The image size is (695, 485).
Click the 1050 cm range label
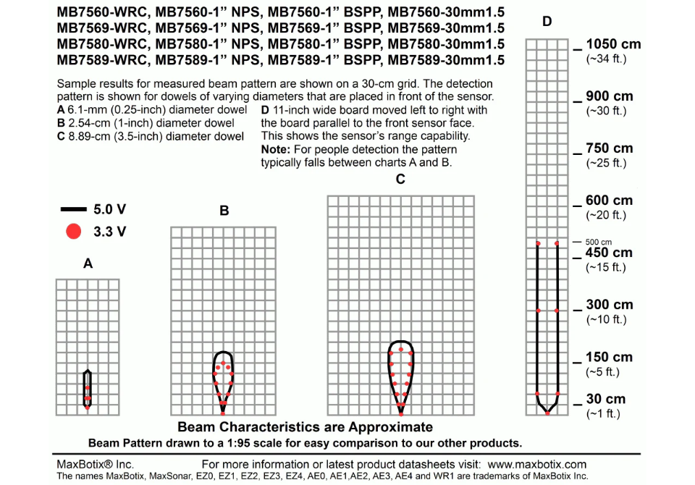[613, 44]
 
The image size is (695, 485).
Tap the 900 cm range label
[610, 96]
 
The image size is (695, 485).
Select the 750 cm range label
[610, 148]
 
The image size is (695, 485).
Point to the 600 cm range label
[610, 201]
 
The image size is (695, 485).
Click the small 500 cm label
[599, 242]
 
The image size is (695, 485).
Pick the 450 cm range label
[610, 253]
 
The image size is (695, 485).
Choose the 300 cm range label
[610, 305]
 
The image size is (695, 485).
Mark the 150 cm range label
[610, 357]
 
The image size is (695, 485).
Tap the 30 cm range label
[606, 399]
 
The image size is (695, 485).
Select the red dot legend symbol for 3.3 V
[73, 232]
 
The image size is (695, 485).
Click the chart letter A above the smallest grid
[88, 264]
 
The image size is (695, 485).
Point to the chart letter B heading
[224, 211]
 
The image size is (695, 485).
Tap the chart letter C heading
[400, 180]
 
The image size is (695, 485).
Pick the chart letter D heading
[547, 22]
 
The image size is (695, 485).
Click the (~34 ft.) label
[606, 59]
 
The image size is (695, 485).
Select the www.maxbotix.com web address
[536, 464]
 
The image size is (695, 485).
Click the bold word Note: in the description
[276, 149]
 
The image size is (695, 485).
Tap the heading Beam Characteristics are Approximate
[305, 427]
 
